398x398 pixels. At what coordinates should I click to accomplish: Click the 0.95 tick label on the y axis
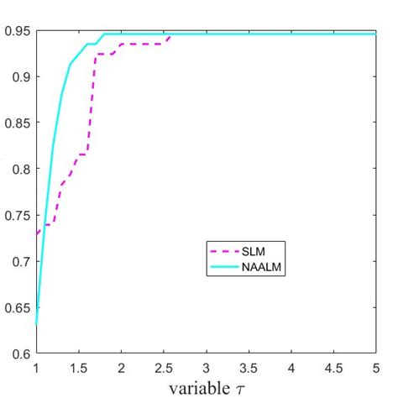click(16, 32)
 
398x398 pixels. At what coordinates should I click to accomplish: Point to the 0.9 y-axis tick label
click(18, 76)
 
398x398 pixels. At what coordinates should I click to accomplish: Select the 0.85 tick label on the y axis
click(16, 123)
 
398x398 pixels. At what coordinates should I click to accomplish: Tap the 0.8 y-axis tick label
click(18, 169)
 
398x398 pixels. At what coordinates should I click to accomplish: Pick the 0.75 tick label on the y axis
click(16, 215)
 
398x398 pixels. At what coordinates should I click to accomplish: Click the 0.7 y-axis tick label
click(18, 261)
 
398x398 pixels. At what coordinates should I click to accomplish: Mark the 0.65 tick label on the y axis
click(16, 307)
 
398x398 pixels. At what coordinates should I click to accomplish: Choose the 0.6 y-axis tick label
click(18, 353)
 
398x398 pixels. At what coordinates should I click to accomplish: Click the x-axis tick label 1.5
click(79, 368)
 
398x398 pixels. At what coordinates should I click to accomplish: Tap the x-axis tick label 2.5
click(164, 368)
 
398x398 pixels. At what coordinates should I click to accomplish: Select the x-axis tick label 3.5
click(249, 368)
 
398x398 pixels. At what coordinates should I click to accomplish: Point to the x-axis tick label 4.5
click(334, 368)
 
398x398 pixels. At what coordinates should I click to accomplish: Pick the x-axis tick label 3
click(207, 368)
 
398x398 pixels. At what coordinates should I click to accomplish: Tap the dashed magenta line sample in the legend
click(220, 250)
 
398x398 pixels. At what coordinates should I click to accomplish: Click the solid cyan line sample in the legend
click(220, 264)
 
